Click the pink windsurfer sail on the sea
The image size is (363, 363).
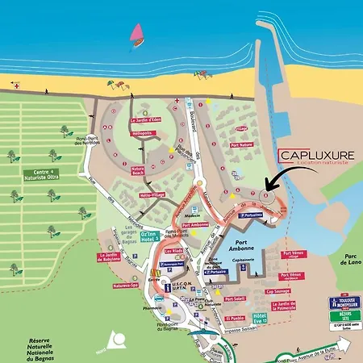[138, 34]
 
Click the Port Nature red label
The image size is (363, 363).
[242, 145]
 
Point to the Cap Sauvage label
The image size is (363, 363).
[277, 293]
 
